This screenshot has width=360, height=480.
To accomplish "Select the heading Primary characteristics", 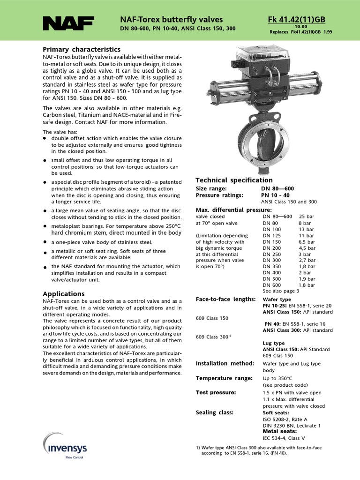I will point(82,49).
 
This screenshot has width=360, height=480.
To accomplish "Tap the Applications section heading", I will point(63,293).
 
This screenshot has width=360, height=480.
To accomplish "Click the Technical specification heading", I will point(234,180).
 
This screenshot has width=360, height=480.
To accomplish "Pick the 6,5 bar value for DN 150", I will point(307,241).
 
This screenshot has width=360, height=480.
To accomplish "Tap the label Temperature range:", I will point(224,378).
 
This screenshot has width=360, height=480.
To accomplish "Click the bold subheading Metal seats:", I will point(280,431).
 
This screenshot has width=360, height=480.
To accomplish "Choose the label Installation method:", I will point(225,363).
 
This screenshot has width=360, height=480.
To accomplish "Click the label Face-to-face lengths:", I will point(225,299).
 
